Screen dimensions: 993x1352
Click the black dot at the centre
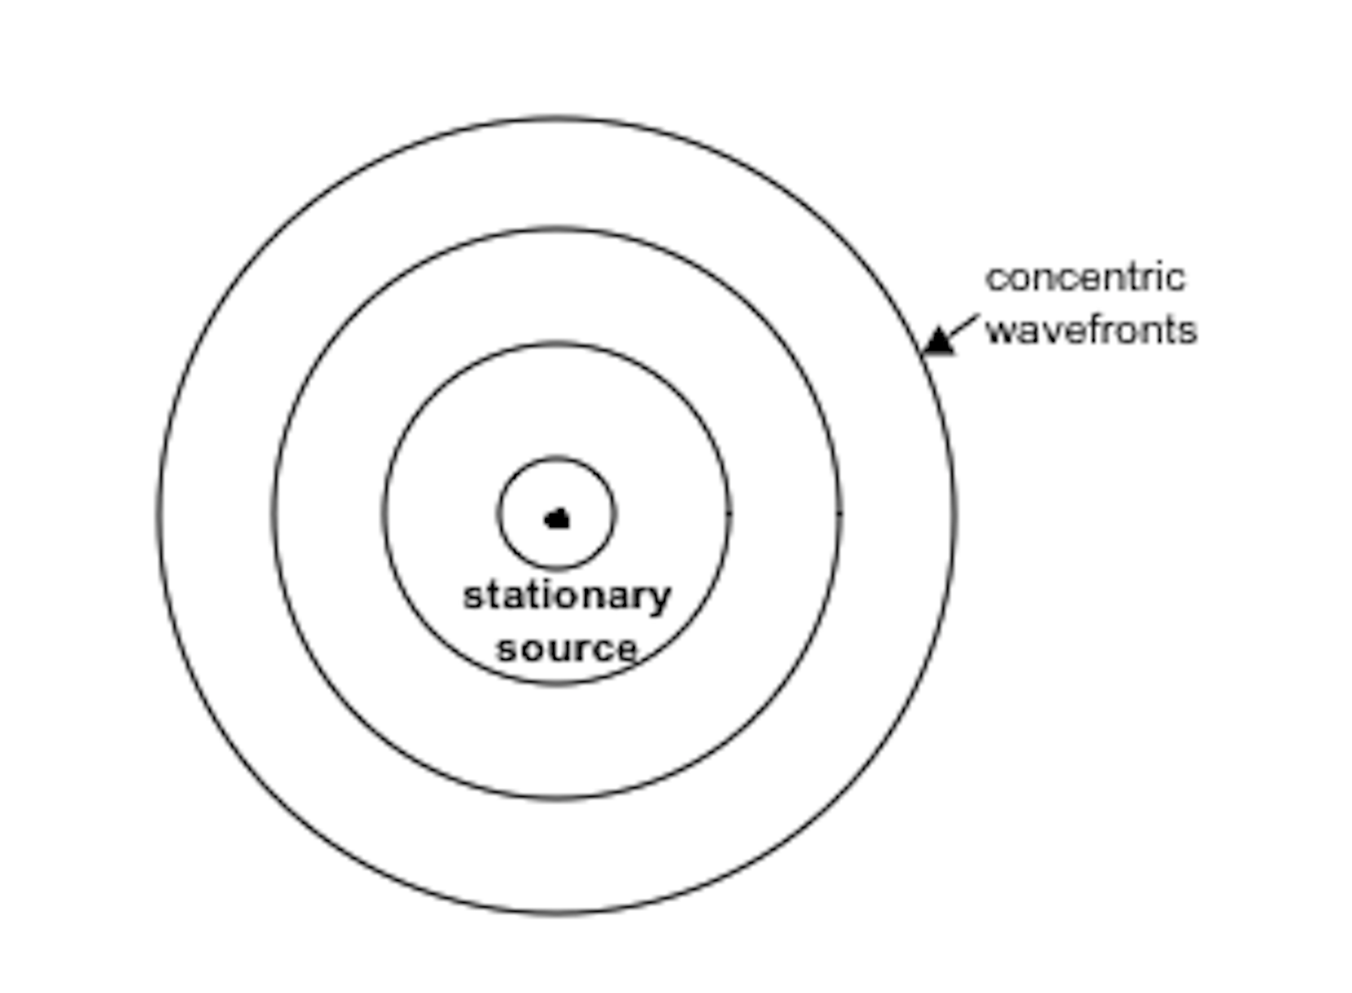(x=556, y=519)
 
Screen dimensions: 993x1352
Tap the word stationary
(x=566, y=596)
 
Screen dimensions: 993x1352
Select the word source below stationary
(x=566, y=649)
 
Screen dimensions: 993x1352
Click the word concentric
(x=1085, y=278)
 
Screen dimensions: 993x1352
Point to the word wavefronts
(x=1091, y=330)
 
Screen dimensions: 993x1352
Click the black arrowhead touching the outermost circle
(x=937, y=341)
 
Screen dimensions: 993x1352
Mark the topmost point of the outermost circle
(x=556, y=118)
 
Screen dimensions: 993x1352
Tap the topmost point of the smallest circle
(x=556, y=459)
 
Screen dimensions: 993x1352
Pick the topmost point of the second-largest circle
(x=556, y=229)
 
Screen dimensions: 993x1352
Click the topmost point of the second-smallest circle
(x=556, y=344)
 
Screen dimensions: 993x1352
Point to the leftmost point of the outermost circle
(x=160, y=514)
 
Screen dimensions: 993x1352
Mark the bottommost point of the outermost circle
(x=556, y=912)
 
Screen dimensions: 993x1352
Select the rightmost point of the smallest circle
(x=614, y=514)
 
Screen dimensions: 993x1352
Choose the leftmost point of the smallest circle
(x=498, y=514)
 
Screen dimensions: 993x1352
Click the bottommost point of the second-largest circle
(x=556, y=798)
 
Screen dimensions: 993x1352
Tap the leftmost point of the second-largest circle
(x=274, y=514)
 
